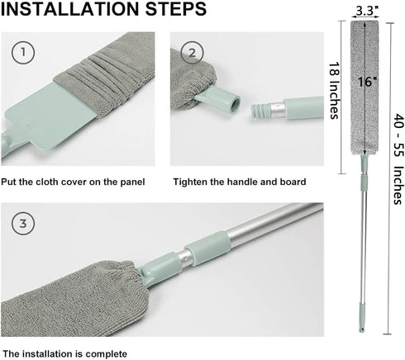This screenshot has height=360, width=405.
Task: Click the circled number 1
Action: tap(23, 52)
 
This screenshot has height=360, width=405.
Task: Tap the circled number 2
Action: tap(193, 53)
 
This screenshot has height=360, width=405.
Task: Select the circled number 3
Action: tap(23, 223)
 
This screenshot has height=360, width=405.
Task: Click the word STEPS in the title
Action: tap(176, 9)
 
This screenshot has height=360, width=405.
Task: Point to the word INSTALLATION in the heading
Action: tap(70, 9)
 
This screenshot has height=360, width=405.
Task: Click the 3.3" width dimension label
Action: tap(366, 11)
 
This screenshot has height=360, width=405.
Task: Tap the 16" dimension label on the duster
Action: tap(368, 82)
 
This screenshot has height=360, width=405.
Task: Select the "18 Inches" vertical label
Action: tap(334, 90)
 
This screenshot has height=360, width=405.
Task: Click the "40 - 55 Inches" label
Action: tap(398, 159)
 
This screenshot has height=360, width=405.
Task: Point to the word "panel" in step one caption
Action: tap(132, 182)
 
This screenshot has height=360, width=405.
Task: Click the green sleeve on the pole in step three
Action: tap(207, 249)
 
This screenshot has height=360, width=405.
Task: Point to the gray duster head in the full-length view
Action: tap(364, 88)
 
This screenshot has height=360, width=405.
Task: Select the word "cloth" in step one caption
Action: tap(48, 182)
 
